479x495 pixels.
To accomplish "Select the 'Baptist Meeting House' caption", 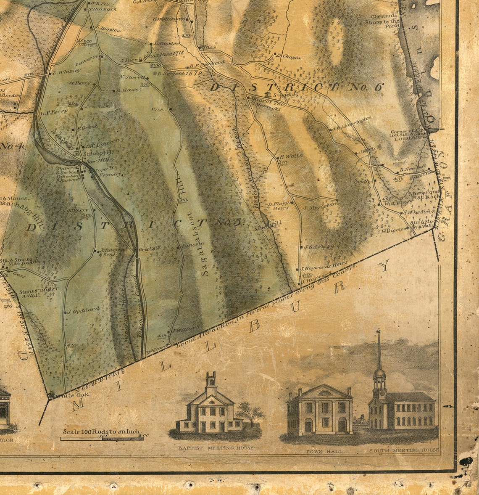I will (x=216, y=448).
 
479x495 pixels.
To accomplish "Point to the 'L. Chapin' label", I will (x=290, y=56).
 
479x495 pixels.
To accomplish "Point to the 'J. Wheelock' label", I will (x=416, y=212).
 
